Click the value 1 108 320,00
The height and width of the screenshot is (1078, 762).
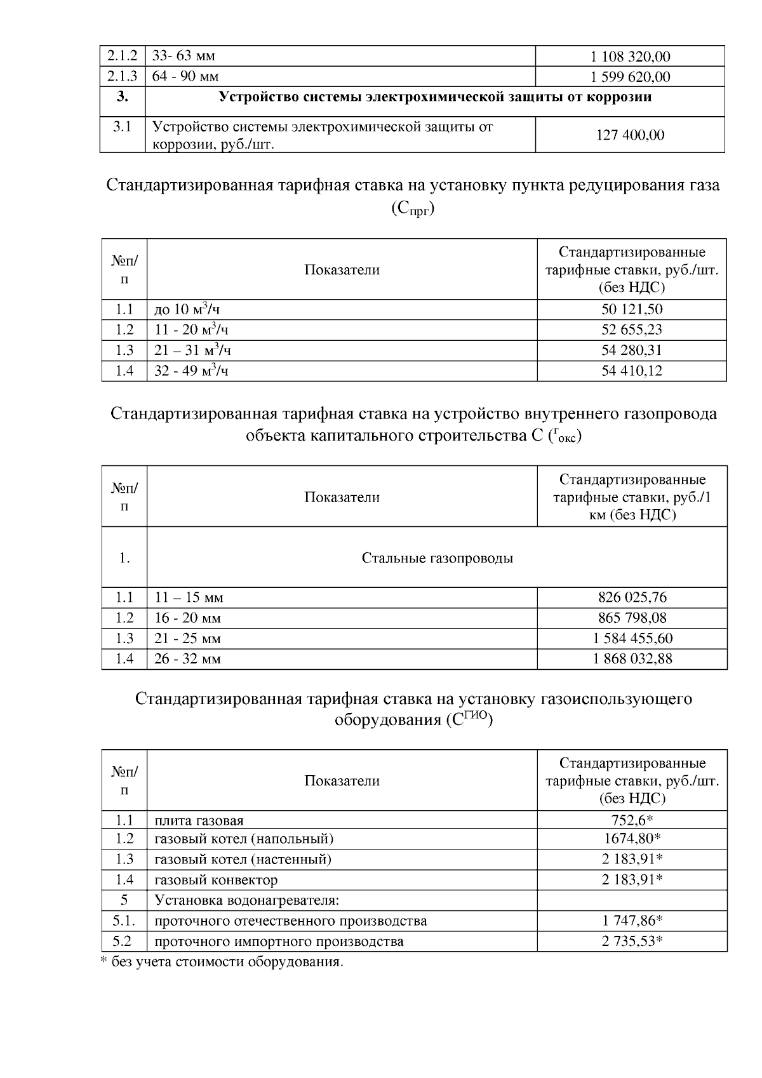(630, 57)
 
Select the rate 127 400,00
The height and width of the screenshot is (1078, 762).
(630, 135)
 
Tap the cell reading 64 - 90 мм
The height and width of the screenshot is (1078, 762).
(186, 77)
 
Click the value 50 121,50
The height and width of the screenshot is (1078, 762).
(632, 309)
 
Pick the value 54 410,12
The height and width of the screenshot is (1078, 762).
(632, 371)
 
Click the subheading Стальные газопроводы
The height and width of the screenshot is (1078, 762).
(437, 558)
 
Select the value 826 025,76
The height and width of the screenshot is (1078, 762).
(632, 597)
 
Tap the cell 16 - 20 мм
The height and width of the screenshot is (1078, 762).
(187, 618)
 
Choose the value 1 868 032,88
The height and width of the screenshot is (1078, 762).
(632, 659)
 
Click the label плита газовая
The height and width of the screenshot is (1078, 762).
(199, 821)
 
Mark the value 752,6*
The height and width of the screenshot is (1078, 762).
(632, 820)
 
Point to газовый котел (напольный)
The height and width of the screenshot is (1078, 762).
(244, 839)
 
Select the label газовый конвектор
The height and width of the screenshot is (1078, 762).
(216, 880)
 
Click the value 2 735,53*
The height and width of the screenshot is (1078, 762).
(632, 941)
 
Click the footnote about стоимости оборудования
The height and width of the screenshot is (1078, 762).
(222, 962)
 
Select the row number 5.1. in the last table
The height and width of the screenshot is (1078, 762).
(124, 921)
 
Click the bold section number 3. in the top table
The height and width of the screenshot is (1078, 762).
(123, 97)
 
